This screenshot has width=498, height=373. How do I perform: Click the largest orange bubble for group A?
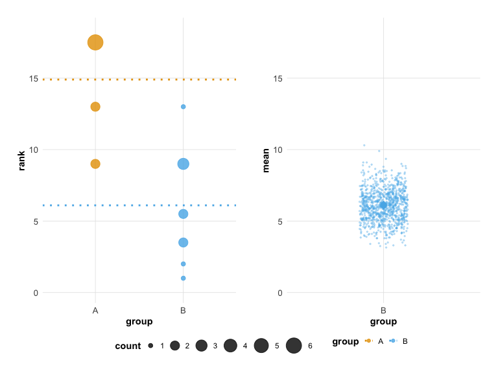95,43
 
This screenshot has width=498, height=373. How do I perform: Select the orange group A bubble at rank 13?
95,107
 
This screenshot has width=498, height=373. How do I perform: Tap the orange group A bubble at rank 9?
95,164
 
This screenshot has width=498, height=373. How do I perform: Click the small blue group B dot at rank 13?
184,107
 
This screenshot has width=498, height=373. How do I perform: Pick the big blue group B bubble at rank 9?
184,164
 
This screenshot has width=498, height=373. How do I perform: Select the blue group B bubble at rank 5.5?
184,214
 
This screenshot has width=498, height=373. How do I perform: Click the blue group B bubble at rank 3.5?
184,242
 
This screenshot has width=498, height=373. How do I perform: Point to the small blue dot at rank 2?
184,264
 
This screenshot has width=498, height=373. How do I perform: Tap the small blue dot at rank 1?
184,278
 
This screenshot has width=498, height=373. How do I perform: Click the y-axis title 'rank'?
21,161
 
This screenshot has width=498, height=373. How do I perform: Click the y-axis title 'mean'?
265,161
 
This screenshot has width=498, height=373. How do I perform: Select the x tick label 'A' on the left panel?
95,311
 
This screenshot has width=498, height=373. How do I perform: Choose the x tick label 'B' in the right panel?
383,311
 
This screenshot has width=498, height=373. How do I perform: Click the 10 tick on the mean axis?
279,150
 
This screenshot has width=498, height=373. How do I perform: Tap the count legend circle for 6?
294,346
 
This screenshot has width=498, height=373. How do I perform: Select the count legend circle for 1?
150,346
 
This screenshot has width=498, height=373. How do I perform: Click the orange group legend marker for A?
369,341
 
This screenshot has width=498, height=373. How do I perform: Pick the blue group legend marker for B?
394,341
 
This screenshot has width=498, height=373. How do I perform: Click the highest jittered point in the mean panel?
364,145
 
